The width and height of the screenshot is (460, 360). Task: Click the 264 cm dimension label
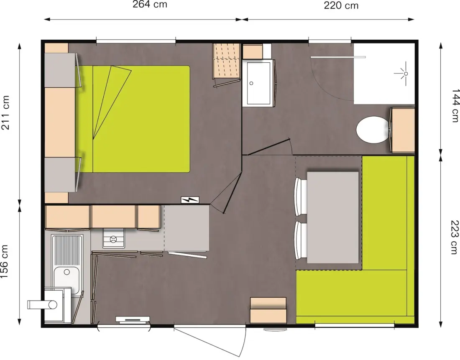pos(150,5)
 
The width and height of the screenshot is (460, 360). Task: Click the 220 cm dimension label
pos(341,5)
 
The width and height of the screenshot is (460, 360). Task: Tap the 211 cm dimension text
pos(5,112)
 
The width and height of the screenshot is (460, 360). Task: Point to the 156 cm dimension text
pos(5,261)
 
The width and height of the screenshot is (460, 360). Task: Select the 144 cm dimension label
pos(455,106)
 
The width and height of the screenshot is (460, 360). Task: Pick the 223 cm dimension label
pos(455,237)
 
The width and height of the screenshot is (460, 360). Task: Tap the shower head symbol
pos(403,74)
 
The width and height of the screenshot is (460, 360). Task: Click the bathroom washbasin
pos(258,83)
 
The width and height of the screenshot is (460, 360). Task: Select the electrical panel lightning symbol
pos(190,200)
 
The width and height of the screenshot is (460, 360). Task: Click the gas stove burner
pos(113,239)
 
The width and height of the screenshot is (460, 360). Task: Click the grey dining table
pos(333,217)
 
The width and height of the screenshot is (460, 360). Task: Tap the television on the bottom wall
pos(133,320)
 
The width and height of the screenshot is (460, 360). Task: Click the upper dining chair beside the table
pos(301,196)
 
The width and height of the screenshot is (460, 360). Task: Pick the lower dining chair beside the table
pos(301,240)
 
